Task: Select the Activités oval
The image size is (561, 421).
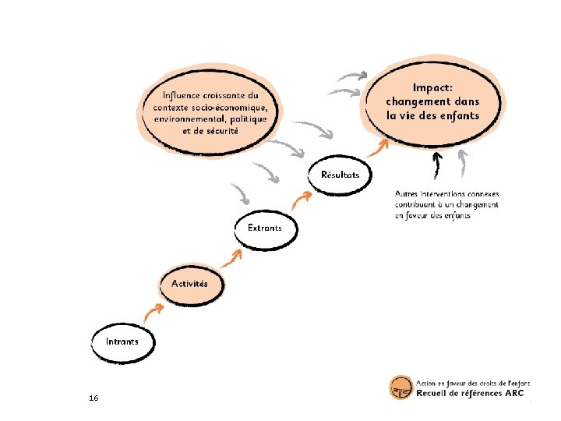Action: tap(189, 284)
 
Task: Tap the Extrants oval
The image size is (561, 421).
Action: tap(264, 228)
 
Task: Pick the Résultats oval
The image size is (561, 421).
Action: tap(340, 175)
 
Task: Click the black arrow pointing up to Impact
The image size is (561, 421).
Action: tap(437, 166)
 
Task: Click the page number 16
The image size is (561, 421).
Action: tap(93, 398)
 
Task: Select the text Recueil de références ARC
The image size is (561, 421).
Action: tap(471, 394)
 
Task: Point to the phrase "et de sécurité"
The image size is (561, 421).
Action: tap(210, 131)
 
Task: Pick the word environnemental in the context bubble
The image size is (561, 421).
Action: tap(189, 119)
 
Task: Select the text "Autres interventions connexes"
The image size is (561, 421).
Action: tap(446, 193)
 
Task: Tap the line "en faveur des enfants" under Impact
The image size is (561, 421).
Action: tap(432, 215)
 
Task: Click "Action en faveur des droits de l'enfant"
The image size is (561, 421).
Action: tap(473, 383)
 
